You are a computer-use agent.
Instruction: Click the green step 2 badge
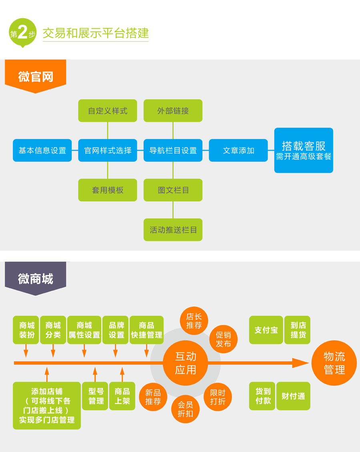click(x=22, y=32)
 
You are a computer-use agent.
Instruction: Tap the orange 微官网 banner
click(x=35, y=76)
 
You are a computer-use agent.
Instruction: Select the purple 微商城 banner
click(x=35, y=278)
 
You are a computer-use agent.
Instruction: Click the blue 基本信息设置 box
click(x=42, y=150)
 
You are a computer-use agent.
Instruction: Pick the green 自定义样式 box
click(x=108, y=111)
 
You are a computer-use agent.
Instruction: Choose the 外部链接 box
click(x=173, y=111)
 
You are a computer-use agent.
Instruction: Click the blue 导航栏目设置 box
click(x=173, y=150)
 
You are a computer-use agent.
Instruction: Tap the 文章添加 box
click(x=238, y=150)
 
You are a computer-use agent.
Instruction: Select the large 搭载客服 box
click(x=304, y=150)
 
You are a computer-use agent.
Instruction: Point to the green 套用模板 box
click(x=108, y=190)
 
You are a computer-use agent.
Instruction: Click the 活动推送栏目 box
click(x=173, y=230)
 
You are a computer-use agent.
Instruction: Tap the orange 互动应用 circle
click(x=186, y=363)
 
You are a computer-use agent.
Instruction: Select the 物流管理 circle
click(x=334, y=363)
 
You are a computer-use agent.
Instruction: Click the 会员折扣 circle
click(x=185, y=409)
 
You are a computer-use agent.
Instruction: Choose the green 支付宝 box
click(x=266, y=330)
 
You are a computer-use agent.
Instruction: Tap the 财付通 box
click(x=293, y=396)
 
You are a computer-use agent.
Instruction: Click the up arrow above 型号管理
click(x=95, y=374)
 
